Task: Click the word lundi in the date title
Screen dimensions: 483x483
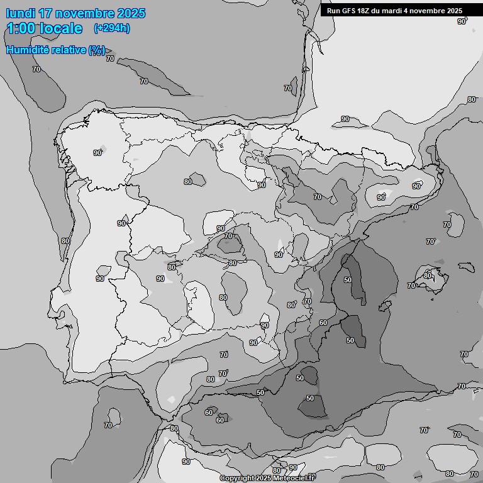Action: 21,13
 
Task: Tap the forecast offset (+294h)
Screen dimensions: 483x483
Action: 112,28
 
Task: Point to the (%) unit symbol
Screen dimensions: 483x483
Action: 97,50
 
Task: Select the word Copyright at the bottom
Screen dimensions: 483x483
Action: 237,479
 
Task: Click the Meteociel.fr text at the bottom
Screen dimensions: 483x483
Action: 294,479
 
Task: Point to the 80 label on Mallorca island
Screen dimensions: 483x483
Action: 428,275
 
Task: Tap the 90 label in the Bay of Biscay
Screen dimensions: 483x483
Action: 345,119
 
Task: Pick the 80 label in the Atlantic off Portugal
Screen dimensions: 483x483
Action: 65,241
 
